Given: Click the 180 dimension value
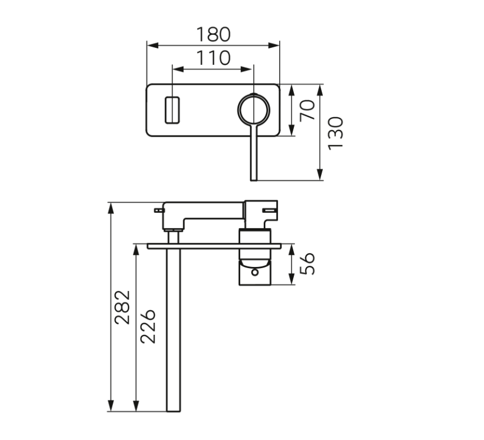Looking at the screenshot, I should (x=214, y=34).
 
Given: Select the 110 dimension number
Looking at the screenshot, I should (x=214, y=58).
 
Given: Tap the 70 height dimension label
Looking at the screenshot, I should (x=307, y=110).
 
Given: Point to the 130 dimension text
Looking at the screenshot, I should (x=335, y=133).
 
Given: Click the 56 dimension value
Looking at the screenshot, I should (x=307, y=264).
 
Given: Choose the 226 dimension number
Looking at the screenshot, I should (x=147, y=326).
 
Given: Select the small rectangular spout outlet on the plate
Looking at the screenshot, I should (x=172, y=109).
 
